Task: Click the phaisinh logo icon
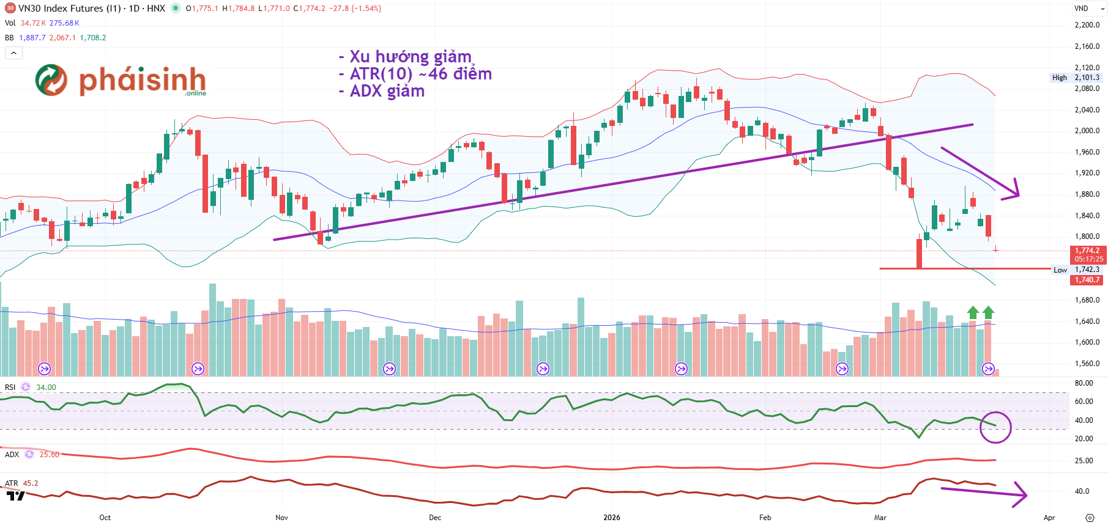point(51,80)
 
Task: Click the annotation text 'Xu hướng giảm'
point(410,57)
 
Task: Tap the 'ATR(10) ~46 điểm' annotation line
point(420,74)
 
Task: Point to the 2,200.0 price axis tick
point(1087,25)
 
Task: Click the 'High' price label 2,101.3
point(1087,78)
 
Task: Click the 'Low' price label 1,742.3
point(1087,270)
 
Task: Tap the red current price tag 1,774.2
point(1087,251)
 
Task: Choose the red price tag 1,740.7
point(1087,280)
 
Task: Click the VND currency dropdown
point(1088,9)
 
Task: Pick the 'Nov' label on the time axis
point(281,518)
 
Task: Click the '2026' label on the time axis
point(611,518)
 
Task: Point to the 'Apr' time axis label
point(1049,518)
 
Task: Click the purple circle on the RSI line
point(995,427)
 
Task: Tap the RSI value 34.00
point(46,387)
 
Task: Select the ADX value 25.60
point(50,455)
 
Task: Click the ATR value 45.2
point(31,483)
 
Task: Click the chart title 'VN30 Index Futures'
point(61,9)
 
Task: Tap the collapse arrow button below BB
point(13,53)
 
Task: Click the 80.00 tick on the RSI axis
point(1084,383)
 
